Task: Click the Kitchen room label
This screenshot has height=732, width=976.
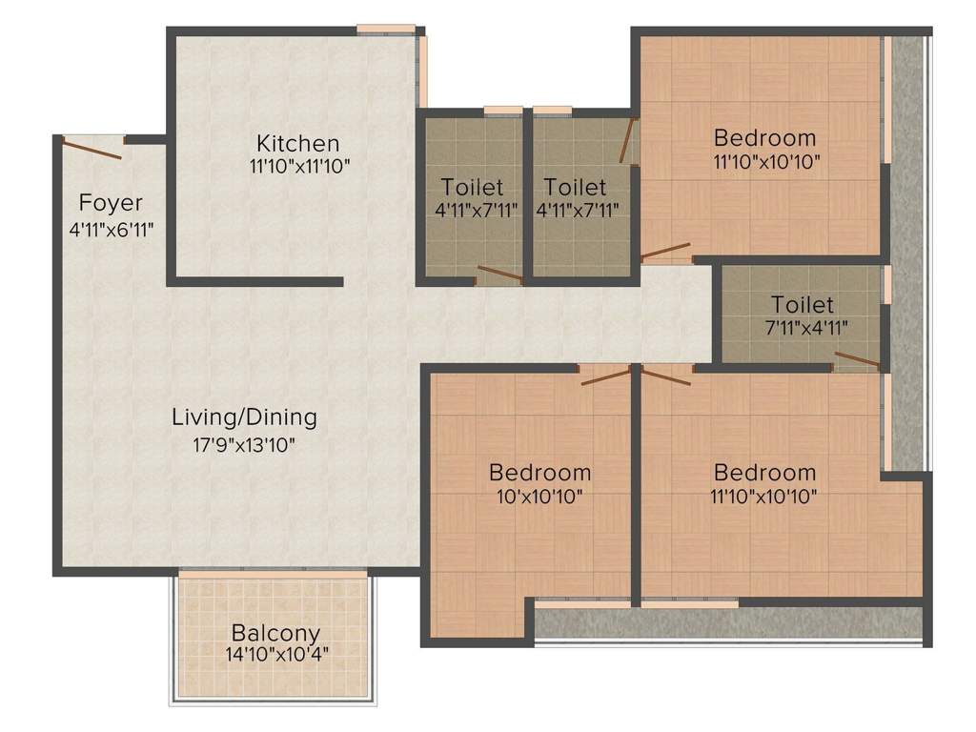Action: pyautogui.click(x=297, y=144)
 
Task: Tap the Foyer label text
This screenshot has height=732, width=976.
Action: pyautogui.click(x=111, y=202)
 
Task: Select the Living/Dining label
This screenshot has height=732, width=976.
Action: pyautogui.click(x=244, y=417)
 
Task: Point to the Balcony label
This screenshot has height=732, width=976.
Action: pyautogui.click(x=275, y=633)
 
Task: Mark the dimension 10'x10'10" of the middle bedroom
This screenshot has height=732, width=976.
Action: pyautogui.click(x=539, y=496)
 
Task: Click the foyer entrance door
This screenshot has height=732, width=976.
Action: pyautogui.click(x=92, y=149)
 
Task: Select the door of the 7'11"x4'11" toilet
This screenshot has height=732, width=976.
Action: pyautogui.click(x=858, y=360)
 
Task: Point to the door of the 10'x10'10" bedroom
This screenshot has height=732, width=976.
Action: pyautogui.click(x=606, y=376)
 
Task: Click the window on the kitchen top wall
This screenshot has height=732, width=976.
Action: pyautogui.click(x=385, y=30)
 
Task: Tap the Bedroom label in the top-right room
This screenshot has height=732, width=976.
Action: pyautogui.click(x=764, y=137)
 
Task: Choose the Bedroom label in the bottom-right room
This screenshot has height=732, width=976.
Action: pyautogui.click(x=764, y=473)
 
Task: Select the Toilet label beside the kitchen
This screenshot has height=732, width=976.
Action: pyautogui.click(x=472, y=188)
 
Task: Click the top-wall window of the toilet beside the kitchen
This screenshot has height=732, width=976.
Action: pyautogui.click(x=502, y=111)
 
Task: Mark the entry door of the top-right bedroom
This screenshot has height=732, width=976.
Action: pyautogui.click(x=665, y=253)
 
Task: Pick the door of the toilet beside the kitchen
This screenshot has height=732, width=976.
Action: pyautogui.click(x=499, y=275)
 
